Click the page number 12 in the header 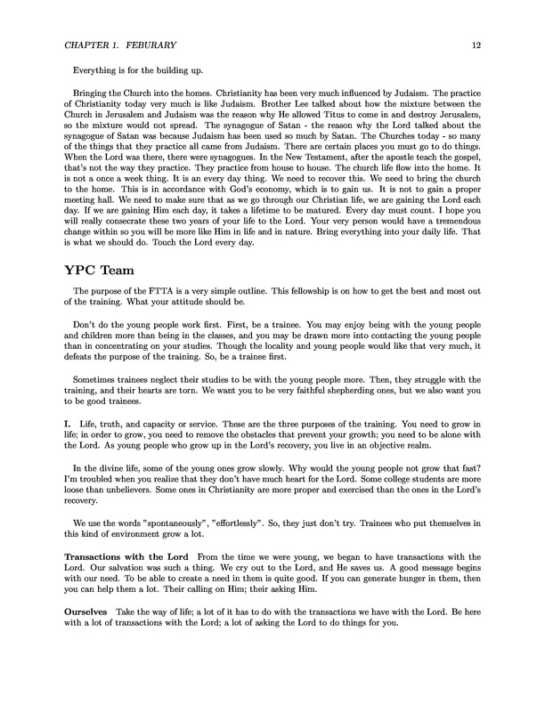click(476, 43)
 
